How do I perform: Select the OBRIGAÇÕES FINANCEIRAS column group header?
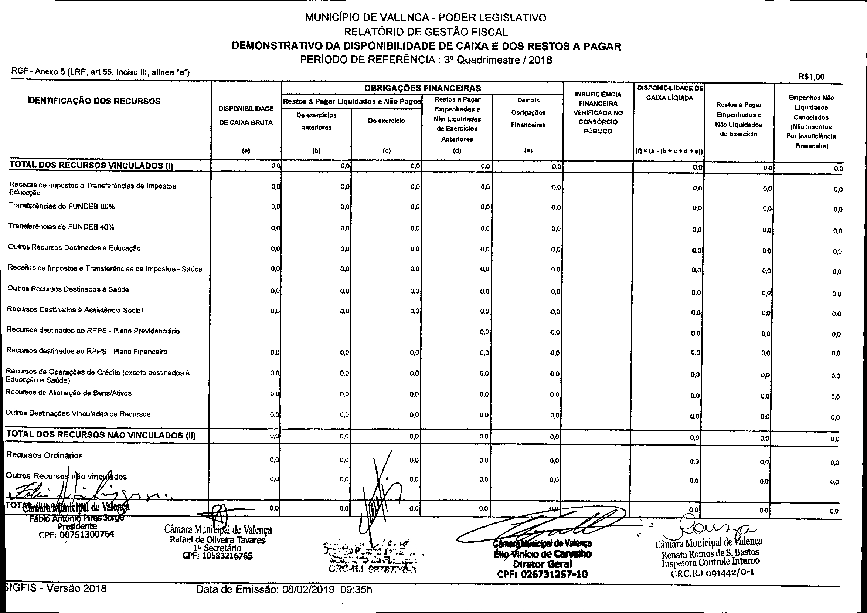click(422, 88)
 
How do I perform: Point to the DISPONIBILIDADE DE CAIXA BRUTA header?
click(246, 116)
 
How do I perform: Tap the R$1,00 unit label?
click(812, 77)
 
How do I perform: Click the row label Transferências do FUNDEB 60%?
click(62, 206)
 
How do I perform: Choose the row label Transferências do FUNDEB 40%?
click(61, 227)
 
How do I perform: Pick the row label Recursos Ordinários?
click(44, 455)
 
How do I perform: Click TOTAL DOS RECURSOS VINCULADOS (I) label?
click(91, 165)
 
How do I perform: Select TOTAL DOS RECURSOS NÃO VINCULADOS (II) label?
click(101, 435)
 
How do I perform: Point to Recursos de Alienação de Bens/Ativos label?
click(69, 393)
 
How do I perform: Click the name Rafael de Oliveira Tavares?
click(218, 540)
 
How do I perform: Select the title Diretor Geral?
click(542, 564)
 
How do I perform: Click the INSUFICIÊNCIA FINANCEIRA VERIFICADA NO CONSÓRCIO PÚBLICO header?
click(598, 112)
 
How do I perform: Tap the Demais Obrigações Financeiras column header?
click(528, 112)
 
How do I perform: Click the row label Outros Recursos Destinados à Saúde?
click(68, 289)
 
